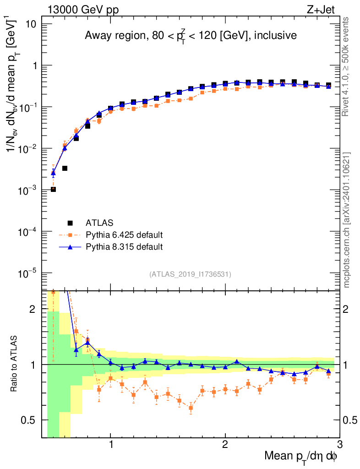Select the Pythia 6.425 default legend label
[124, 235]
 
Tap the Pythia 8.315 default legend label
[124, 247]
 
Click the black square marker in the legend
[70, 223]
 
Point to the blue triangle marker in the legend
[70, 247]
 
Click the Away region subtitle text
[191, 36]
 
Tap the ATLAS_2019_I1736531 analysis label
[190, 274]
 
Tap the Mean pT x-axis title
[301, 457]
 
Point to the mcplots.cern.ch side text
[347, 220]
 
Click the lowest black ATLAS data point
[53, 189]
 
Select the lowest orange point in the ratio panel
[191, 408]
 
